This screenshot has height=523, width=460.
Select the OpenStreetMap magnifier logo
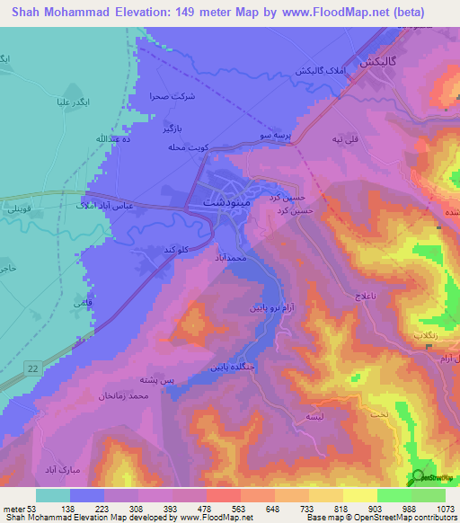coord(419,477)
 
